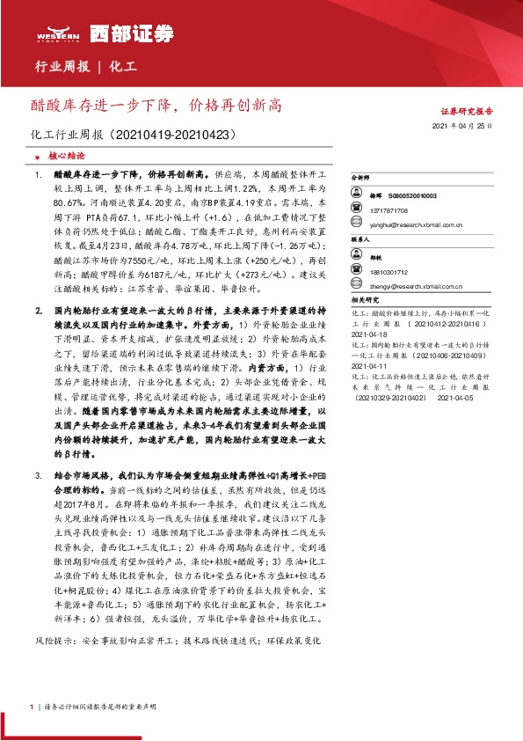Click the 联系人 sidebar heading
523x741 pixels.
pos(361,238)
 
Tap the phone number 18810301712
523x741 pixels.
pos(397,273)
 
